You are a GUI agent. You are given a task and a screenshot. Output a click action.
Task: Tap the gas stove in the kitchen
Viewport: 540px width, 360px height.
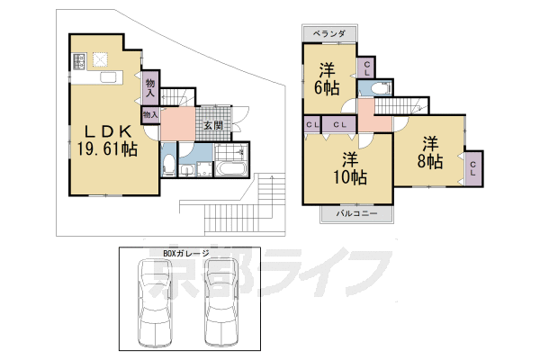tap(79, 61)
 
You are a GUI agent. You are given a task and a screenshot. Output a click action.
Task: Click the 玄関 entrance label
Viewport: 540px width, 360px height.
tap(211, 125)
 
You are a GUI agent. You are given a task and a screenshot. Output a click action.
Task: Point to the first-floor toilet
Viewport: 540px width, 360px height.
tap(168, 164)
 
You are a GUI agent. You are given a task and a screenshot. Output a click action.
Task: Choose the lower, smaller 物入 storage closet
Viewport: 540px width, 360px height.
tap(150, 114)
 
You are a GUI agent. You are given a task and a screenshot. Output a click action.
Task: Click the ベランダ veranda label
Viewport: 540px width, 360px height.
tap(328, 34)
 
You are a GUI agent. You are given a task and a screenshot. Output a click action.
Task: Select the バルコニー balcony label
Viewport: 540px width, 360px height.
tap(356, 214)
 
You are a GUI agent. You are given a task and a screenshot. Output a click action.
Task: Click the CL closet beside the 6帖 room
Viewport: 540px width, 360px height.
tap(367, 68)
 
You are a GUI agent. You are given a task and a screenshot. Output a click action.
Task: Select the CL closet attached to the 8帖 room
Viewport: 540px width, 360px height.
tap(473, 168)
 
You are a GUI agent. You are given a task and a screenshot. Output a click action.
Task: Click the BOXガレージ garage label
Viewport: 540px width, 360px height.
tap(186, 253)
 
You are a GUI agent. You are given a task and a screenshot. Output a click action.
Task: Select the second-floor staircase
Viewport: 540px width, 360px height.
tap(403, 105)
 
